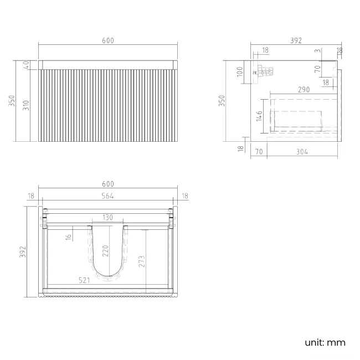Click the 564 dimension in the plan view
pos(107,195)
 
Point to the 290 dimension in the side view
pos(304,89)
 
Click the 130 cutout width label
pos(107,218)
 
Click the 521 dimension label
pos(85,281)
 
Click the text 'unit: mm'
pos(325,342)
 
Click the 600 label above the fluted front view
pos(107,40)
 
